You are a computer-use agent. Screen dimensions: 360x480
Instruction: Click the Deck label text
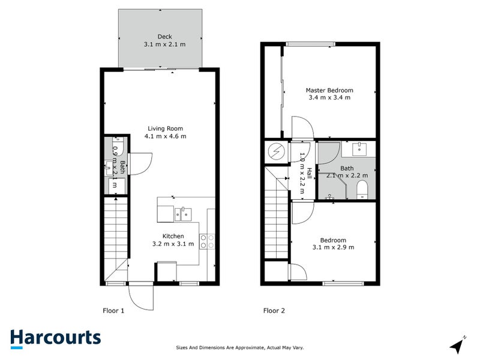(x=165, y=37)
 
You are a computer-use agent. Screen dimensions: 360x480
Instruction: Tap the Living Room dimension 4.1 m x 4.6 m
(x=165, y=136)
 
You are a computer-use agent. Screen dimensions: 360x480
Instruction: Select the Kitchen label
(x=173, y=236)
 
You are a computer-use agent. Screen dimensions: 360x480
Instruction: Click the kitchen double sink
(x=183, y=213)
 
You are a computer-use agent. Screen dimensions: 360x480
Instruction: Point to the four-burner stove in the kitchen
(x=208, y=241)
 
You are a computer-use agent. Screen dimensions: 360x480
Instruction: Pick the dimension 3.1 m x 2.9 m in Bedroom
(x=333, y=247)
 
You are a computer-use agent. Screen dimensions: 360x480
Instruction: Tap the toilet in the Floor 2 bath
(x=362, y=191)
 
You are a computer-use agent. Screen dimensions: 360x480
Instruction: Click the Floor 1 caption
(x=113, y=310)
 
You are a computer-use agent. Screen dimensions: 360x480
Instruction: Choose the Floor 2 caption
(x=274, y=310)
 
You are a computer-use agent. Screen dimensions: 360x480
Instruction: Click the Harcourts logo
(x=55, y=338)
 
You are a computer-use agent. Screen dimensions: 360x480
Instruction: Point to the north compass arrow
(x=459, y=344)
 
